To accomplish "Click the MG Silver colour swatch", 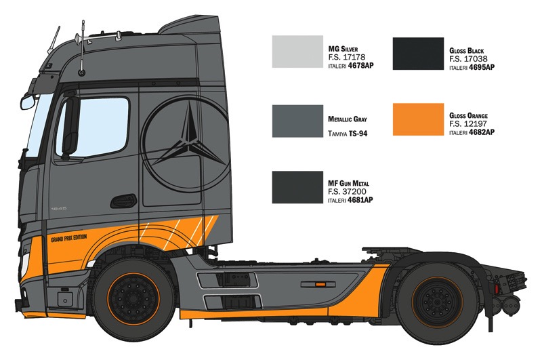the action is click(x=297, y=52).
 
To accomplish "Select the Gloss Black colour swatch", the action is click(x=418, y=54).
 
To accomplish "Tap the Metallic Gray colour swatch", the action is click(x=297, y=121).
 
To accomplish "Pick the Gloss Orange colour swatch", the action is click(x=418, y=119).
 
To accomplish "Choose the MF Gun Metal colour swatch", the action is click(x=297, y=187).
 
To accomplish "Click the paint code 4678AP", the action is click(x=361, y=65).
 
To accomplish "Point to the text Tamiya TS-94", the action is click(x=348, y=134).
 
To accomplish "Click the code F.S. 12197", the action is click(x=468, y=124).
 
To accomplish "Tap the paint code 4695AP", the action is click(x=482, y=67).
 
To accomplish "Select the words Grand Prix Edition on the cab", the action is click(x=69, y=239).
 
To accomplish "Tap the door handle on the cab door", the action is click(x=123, y=201).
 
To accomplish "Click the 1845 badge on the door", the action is click(x=59, y=209).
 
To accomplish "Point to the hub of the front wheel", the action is click(x=133, y=298).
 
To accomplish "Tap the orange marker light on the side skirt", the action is click(x=320, y=284).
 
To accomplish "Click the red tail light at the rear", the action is click(x=497, y=289).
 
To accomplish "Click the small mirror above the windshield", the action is click(x=28, y=102).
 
